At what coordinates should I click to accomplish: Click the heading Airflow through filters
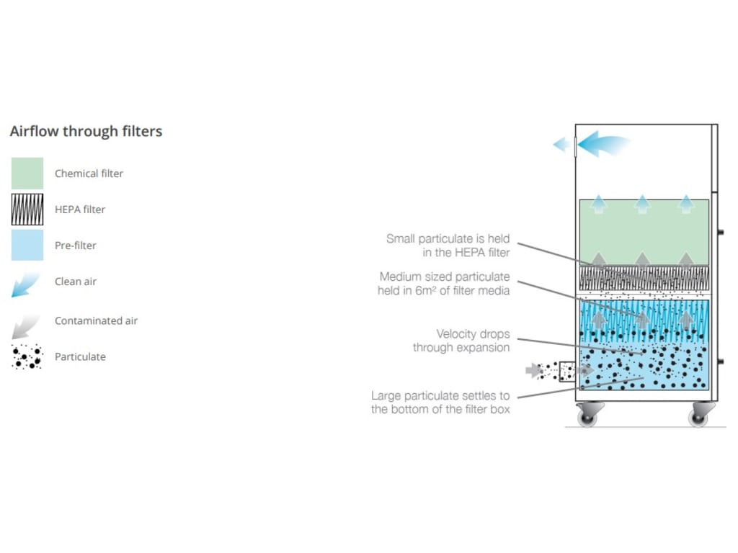point(86,132)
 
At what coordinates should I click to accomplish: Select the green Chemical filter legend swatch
point(27,174)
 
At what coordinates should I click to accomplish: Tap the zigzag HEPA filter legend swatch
point(27,210)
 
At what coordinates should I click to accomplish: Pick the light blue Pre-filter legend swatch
point(27,246)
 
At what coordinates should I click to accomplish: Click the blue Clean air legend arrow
point(26,284)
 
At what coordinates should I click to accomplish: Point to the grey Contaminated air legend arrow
point(26,323)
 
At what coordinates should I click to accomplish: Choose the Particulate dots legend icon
point(27,357)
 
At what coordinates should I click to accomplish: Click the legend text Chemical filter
point(89,174)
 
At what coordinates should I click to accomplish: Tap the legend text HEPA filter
point(80,210)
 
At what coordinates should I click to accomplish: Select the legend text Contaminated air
point(96,321)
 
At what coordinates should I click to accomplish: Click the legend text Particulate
point(80,357)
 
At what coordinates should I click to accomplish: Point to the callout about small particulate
point(448,246)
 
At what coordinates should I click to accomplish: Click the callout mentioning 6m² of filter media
point(445,284)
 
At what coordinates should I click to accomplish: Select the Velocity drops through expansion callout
point(461,341)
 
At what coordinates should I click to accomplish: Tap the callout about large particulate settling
point(440,403)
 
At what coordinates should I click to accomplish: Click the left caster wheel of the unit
point(588,415)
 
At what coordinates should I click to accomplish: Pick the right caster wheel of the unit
point(698,415)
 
